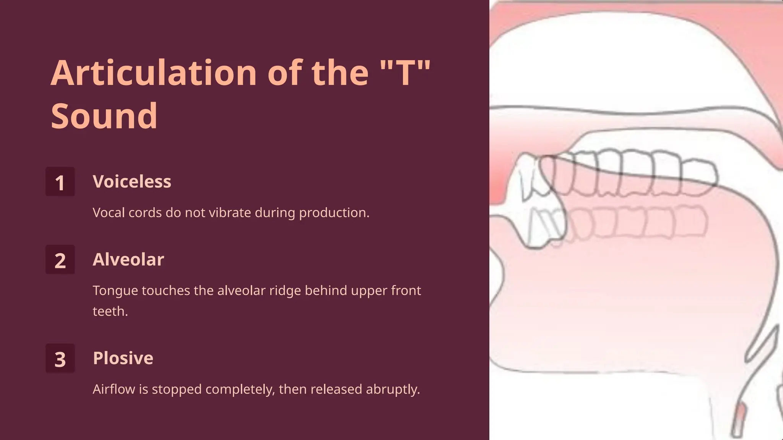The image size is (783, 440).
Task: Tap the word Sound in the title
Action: coord(104,116)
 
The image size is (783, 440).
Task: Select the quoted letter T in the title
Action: coord(406,73)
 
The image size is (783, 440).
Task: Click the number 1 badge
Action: coord(60,182)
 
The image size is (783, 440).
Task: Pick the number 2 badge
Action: coord(60,260)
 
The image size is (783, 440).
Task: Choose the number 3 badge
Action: coord(60,358)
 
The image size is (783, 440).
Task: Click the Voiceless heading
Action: coord(132,181)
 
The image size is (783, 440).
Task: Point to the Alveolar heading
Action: coord(128,259)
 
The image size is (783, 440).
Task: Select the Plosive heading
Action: coord(123,358)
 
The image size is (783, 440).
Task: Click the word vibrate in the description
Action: coord(232,213)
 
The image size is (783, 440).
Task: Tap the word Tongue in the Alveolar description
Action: coord(115,291)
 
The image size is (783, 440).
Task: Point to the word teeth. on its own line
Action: coord(110,311)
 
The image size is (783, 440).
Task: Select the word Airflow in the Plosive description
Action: coord(114,389)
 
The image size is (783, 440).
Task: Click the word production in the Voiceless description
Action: coord(334,213)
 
